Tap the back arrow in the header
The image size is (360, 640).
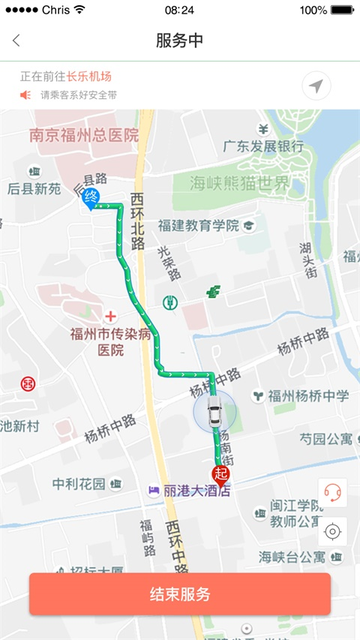point(16,41)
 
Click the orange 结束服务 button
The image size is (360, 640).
point(180,594)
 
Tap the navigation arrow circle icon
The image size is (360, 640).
point(316,86)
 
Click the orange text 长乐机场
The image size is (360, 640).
point(88,77)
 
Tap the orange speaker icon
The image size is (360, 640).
point(25,95)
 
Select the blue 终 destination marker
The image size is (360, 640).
point(91,198)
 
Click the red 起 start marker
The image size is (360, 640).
point(220,473)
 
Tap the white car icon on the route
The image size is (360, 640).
point(214,412)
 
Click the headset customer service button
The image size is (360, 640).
point(332,492)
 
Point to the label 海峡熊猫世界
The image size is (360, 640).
point(238,183)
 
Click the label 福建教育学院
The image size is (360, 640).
point(198,225)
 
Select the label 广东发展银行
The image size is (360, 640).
point(263,146)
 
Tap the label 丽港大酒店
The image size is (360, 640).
point(196,491)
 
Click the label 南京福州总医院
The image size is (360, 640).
point(84,136)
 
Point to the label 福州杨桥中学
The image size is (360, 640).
point(308,395)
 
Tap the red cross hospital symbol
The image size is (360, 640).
point(111,317)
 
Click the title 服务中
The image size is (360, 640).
point(180,41)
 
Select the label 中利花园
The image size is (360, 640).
point(79,484)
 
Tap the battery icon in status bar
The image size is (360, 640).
point(340,11)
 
